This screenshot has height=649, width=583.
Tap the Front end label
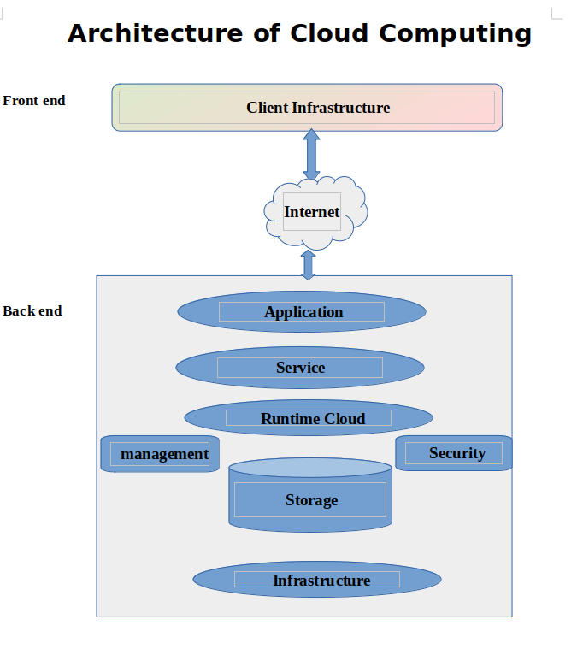click(x=34, y=101)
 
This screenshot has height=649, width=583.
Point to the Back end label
click(x=32, y=311)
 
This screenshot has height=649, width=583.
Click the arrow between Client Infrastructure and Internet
click(x=311, y=154)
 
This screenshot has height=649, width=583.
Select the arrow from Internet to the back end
click(x=309, y=264)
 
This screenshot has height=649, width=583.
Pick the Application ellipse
click(x=302, y=312)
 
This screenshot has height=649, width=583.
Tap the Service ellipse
click(x=300, y=368)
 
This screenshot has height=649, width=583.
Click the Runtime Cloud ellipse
click(x=309, y=419)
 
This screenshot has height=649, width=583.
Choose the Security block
click(x=454, y=453)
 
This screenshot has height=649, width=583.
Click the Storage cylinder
click(x=310, y=499)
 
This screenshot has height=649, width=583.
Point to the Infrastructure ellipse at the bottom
click(x=317, y=581)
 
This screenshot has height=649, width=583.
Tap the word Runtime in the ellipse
click(x=290, y=419)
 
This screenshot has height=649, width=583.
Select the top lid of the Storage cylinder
click(x=310, y=467)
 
